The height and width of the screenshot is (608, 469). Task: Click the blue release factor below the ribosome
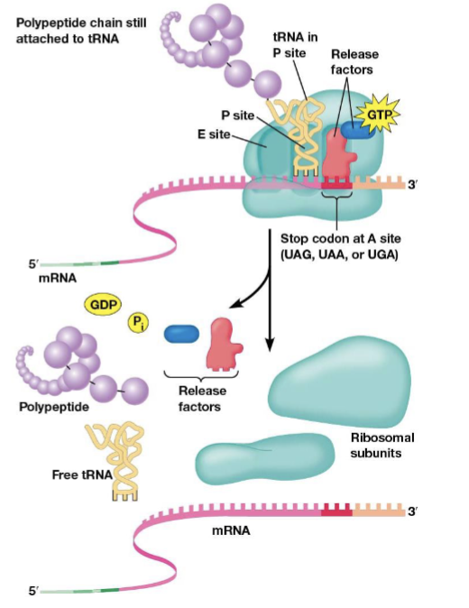coord(181,334)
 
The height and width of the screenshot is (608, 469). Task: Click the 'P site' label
coord(236,115)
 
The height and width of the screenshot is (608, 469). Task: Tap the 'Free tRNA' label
coord(78,474)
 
